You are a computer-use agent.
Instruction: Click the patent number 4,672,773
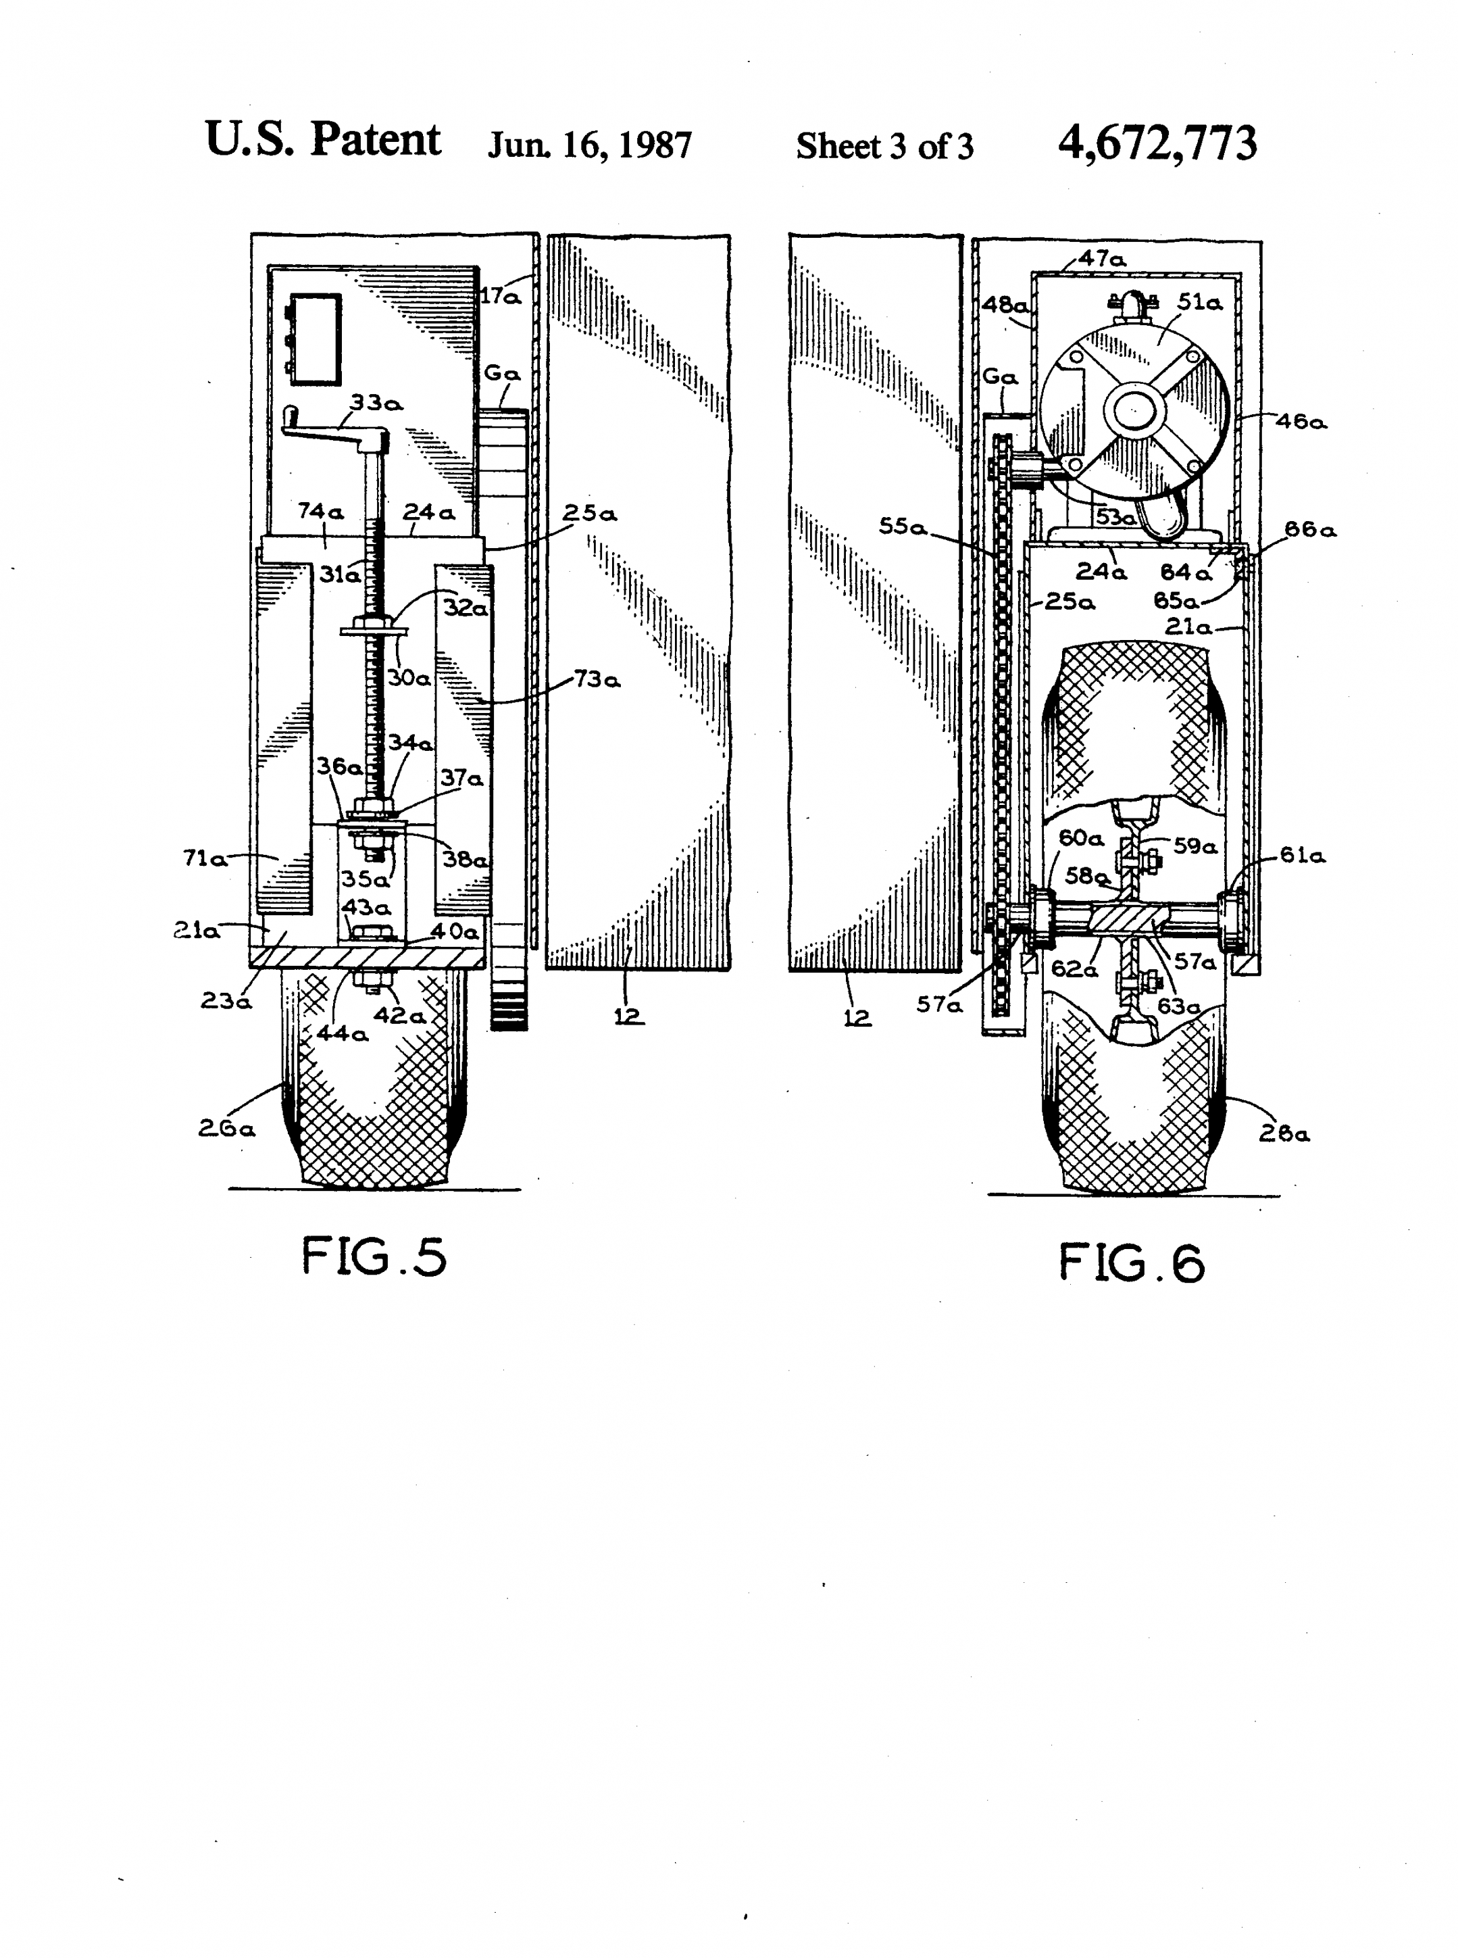pyautogui.click(x=1158, y=143)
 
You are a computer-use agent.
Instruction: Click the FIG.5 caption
pyautogui.click(x=374, y=1256)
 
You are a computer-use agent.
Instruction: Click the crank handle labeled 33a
pyautogui.click(x=335, y=429)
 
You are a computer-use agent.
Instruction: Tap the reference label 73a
pyautogui.click(x=597, y=679)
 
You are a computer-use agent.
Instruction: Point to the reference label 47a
pyautogui.click(x=1103, y=259)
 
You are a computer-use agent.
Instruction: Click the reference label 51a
pyautogui.click(x=1201, y=302)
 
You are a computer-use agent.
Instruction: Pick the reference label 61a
pyautogui.click(x=1303, y=854)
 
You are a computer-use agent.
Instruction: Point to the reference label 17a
pyautogui.click(x=501, y=297)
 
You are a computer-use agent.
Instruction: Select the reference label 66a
pyautogui.click(x=1310, y=530)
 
